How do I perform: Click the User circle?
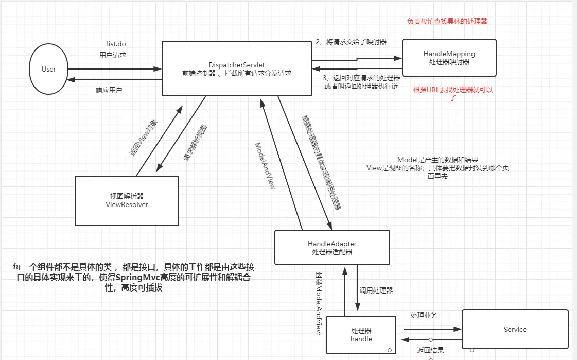coord(49,69)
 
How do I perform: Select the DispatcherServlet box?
coord(237,69)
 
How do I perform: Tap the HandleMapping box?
coord(449,57)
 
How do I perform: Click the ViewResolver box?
coord(127,200)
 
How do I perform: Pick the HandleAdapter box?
coord(332,247)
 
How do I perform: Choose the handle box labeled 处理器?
coord(361,335)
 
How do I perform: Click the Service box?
coord(515,329)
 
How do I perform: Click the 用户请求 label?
coord(113,55)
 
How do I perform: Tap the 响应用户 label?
coord(109,90)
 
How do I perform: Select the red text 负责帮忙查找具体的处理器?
coord(447,22)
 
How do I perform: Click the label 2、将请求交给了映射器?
coord(351,42)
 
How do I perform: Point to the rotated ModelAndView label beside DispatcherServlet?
coord(265,165)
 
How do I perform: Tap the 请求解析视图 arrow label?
coord(196,144)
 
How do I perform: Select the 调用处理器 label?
coord(376,290)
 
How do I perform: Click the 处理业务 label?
coord(424,315)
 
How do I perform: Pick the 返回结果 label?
coord(430,350)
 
